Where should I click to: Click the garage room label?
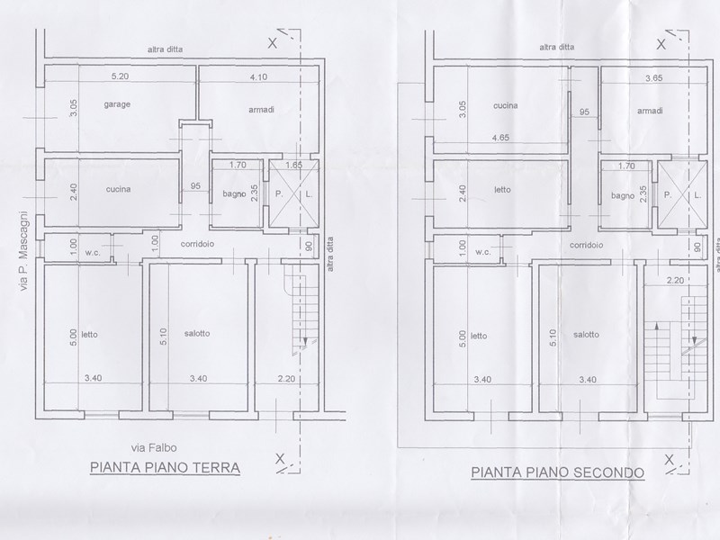point(117,105)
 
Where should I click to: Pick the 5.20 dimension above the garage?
point(115,76)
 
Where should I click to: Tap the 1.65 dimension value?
point(292,166)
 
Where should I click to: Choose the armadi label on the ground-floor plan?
point(261,110)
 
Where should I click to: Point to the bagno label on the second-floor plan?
point(623,195)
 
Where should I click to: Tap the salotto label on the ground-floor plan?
point(196,333)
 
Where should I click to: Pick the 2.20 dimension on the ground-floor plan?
point(285,378)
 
